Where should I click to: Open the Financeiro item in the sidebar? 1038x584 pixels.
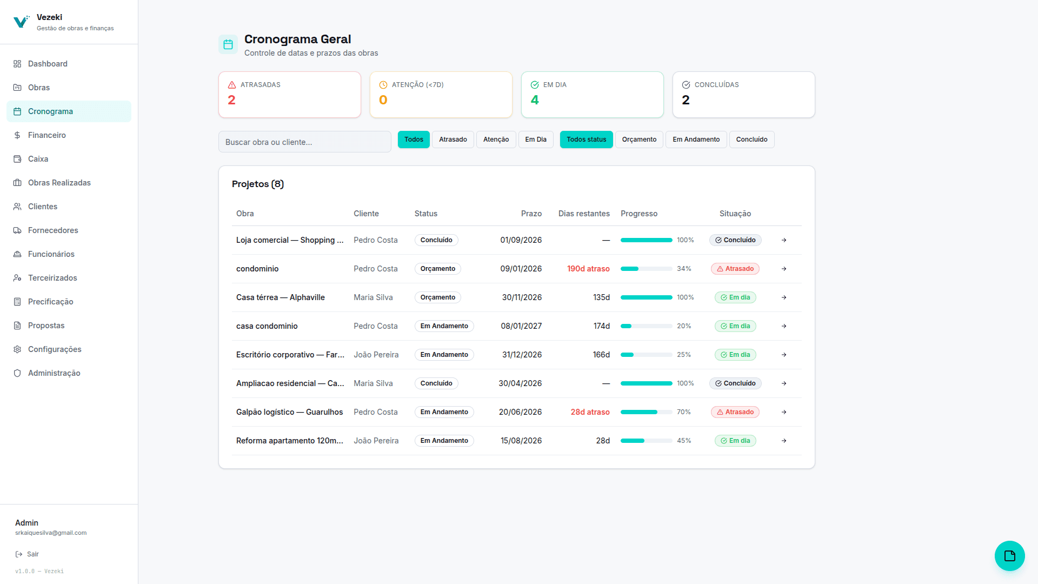point(47,135)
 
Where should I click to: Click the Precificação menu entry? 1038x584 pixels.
point(50,302)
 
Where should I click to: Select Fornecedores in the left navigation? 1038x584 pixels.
point(53,230)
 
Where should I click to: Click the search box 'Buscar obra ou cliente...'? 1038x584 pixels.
point(305,142)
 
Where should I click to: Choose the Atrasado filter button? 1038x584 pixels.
point(453,140)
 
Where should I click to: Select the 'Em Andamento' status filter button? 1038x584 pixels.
point(696,140)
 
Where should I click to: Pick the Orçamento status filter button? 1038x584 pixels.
point(639,140)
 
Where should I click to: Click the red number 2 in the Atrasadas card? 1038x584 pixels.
point(231,100)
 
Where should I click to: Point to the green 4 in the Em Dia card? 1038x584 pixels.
point(535,100)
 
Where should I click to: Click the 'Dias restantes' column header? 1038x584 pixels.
point(584,214)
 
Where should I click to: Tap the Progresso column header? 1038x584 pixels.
point(639,214)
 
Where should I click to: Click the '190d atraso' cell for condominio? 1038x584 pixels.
point(588,269)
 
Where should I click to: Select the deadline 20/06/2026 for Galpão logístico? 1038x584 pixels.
point(520,412)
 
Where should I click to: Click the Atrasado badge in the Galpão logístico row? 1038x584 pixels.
point(735,412)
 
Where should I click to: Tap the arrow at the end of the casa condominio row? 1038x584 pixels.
point(784,326)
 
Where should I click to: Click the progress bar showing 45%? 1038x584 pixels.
point(647,441)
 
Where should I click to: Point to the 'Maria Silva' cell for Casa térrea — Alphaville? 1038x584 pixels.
point(373,297)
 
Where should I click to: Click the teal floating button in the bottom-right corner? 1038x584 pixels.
point(1009,556)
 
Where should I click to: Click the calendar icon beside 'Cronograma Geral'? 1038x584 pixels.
point(228,44)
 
